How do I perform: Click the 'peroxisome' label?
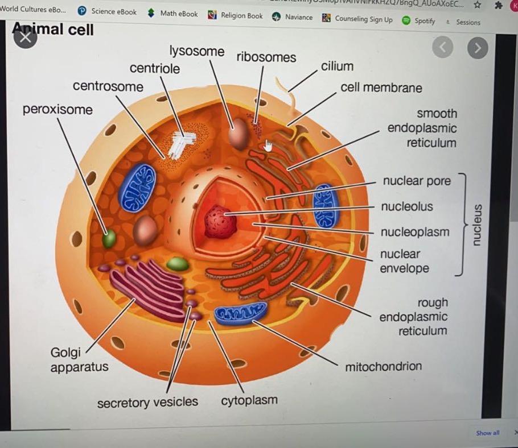(57, 109)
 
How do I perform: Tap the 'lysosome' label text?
(197, 51)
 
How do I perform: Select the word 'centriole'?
(154, 69)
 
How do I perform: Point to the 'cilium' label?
(337, 67)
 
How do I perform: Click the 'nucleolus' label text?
(406, 206)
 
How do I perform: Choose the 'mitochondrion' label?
(383, 366)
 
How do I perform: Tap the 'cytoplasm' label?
(249, 400)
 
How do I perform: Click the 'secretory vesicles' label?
(147, 403)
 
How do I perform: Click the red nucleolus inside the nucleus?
(221, 222)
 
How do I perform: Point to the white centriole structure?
(180, 144)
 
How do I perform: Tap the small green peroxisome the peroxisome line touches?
(109, 238)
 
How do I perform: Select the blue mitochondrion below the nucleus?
(240, 313)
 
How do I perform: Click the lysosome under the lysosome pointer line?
(239, 135)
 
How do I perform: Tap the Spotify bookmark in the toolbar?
(419, 20)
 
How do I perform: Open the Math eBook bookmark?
(173, 14)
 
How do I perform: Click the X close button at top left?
(25, 38)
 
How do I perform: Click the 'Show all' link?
(487, 433)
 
